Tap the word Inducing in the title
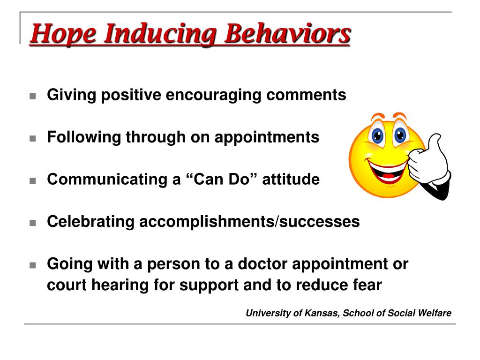pos(161,34)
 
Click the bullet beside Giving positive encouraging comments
pos(33,96)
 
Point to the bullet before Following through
pos(33,138)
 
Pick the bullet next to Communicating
pos(33,180)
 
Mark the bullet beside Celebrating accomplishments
pos(33,223)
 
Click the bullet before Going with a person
pos(33,265)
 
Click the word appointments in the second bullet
pos(267,138)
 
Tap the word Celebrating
pos(90,221)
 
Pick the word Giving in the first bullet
pos(72,95)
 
